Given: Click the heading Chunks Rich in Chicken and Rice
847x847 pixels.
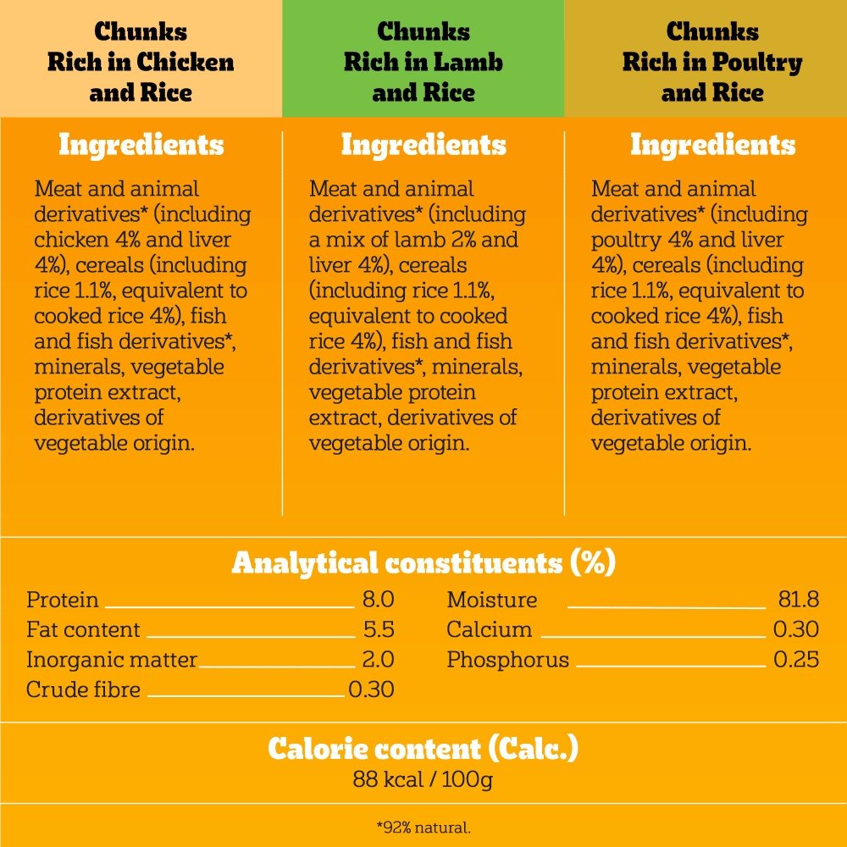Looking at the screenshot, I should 141,62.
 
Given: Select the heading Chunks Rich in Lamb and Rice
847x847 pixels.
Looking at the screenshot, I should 423,62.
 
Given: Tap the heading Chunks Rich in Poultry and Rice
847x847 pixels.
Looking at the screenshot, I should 711,62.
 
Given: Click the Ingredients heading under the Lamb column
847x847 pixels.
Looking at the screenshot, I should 423,145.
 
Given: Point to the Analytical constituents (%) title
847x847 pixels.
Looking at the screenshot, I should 423,562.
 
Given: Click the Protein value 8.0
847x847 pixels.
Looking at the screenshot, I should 378,600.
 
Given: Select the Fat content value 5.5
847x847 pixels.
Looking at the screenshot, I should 378,629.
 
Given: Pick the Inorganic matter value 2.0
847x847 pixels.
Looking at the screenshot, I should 378,659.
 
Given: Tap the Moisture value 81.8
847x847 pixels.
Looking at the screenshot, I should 798,600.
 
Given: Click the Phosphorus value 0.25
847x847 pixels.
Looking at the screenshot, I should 796,659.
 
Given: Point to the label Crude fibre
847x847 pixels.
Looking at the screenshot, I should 83,689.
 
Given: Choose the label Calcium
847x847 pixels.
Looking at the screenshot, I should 489,629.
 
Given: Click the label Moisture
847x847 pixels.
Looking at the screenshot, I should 491,600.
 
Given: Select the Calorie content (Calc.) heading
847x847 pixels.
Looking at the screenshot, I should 423,749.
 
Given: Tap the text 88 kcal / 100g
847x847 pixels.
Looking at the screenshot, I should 423,779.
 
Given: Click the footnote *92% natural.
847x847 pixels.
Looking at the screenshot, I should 423,826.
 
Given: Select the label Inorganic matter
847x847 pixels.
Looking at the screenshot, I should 111,659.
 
